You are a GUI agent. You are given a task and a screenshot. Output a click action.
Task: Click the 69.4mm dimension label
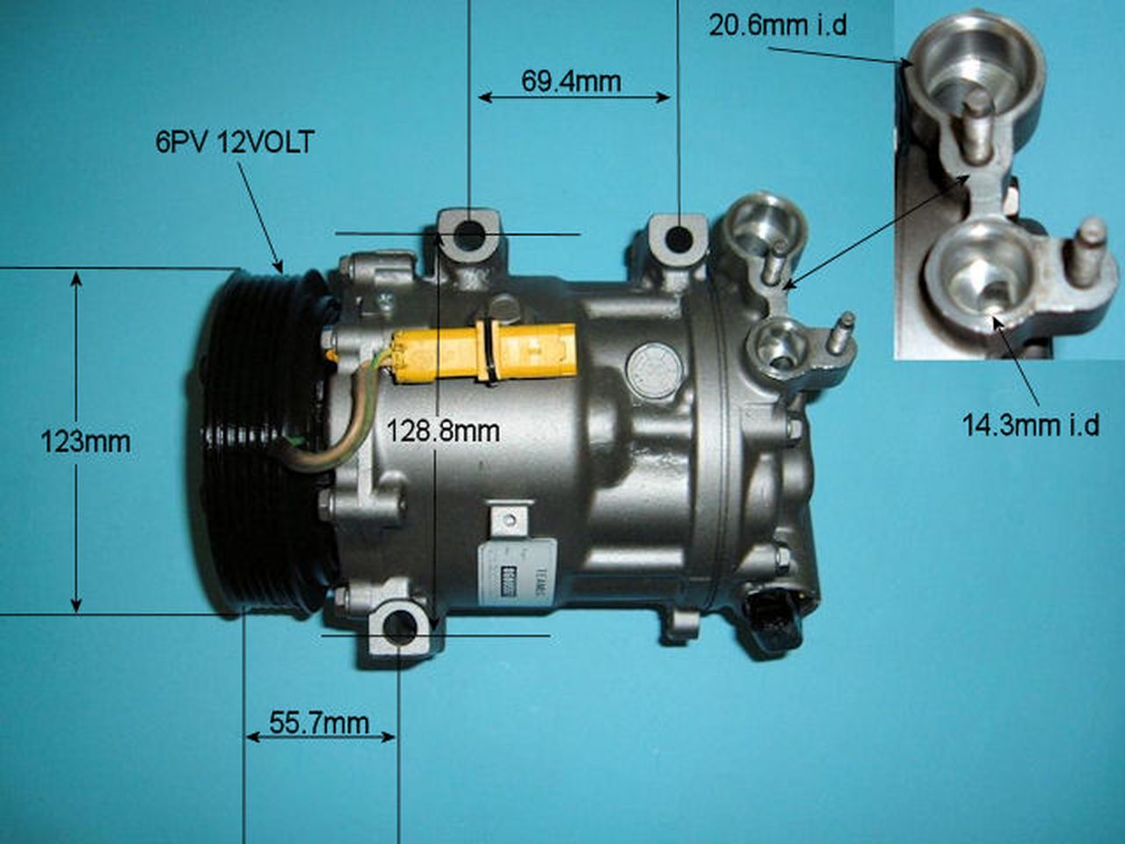tap(570, 81)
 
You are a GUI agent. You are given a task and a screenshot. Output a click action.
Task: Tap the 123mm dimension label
tap(85, 440)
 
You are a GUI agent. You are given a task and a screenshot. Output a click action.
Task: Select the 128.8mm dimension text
tap(443, 431)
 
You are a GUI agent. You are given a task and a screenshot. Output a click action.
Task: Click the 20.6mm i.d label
tap(778, 25)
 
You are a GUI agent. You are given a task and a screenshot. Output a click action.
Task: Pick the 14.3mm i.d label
tap(1030, 426)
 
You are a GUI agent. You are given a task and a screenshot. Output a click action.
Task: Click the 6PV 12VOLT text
tap(234, 142)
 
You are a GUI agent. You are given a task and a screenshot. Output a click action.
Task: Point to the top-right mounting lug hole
tap(678, 237)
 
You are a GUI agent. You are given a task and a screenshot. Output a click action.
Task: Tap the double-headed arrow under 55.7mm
tap(320, 738)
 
